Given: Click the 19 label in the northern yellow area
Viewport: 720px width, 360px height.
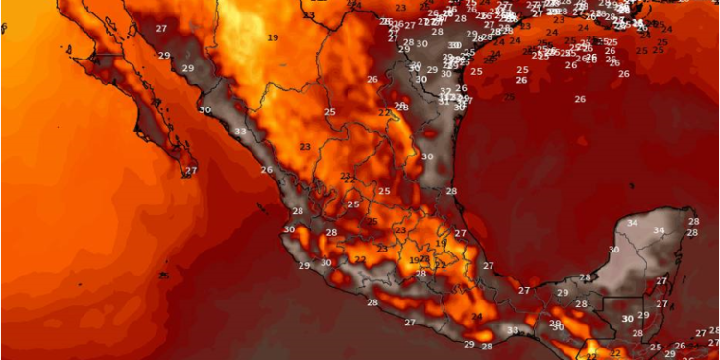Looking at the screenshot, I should tap(274, 37).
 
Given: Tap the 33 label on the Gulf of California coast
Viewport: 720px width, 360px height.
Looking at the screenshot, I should tap(239, 132).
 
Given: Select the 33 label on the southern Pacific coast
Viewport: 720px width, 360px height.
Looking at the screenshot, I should tap(513, 331).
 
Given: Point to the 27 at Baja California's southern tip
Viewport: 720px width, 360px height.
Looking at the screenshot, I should tap(191, 171).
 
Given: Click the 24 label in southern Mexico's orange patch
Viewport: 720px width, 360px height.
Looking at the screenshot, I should tap(477, 318).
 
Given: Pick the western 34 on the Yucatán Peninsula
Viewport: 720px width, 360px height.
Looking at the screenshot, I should tap(631, 223).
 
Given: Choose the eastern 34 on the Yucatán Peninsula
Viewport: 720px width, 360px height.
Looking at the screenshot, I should tap(659, 230).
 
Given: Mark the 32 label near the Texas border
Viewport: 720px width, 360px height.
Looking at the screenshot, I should tap(445, 92).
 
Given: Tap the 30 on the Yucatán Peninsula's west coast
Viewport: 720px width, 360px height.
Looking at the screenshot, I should tap(614, 250).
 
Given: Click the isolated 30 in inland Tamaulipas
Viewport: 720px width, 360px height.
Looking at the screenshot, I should tap(427, 156).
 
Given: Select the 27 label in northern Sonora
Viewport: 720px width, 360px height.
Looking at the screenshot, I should tap(161, 29).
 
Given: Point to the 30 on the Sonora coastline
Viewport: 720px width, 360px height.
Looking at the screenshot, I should tap(204, 110).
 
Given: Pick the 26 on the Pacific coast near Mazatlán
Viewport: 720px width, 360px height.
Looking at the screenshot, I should tap(266, 170).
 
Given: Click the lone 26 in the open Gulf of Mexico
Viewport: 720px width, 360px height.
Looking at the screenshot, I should tap(580, 100).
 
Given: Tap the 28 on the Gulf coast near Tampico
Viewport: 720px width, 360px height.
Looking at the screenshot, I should tap(451, 192).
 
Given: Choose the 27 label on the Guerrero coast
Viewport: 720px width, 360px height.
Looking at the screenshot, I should tap(410, 323).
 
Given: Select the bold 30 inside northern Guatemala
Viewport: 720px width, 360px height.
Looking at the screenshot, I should tap(627, 319).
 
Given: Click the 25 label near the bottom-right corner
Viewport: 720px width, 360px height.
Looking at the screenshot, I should tap(656, 348).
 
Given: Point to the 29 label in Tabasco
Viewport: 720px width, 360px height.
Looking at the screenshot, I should tap(563, 293).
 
